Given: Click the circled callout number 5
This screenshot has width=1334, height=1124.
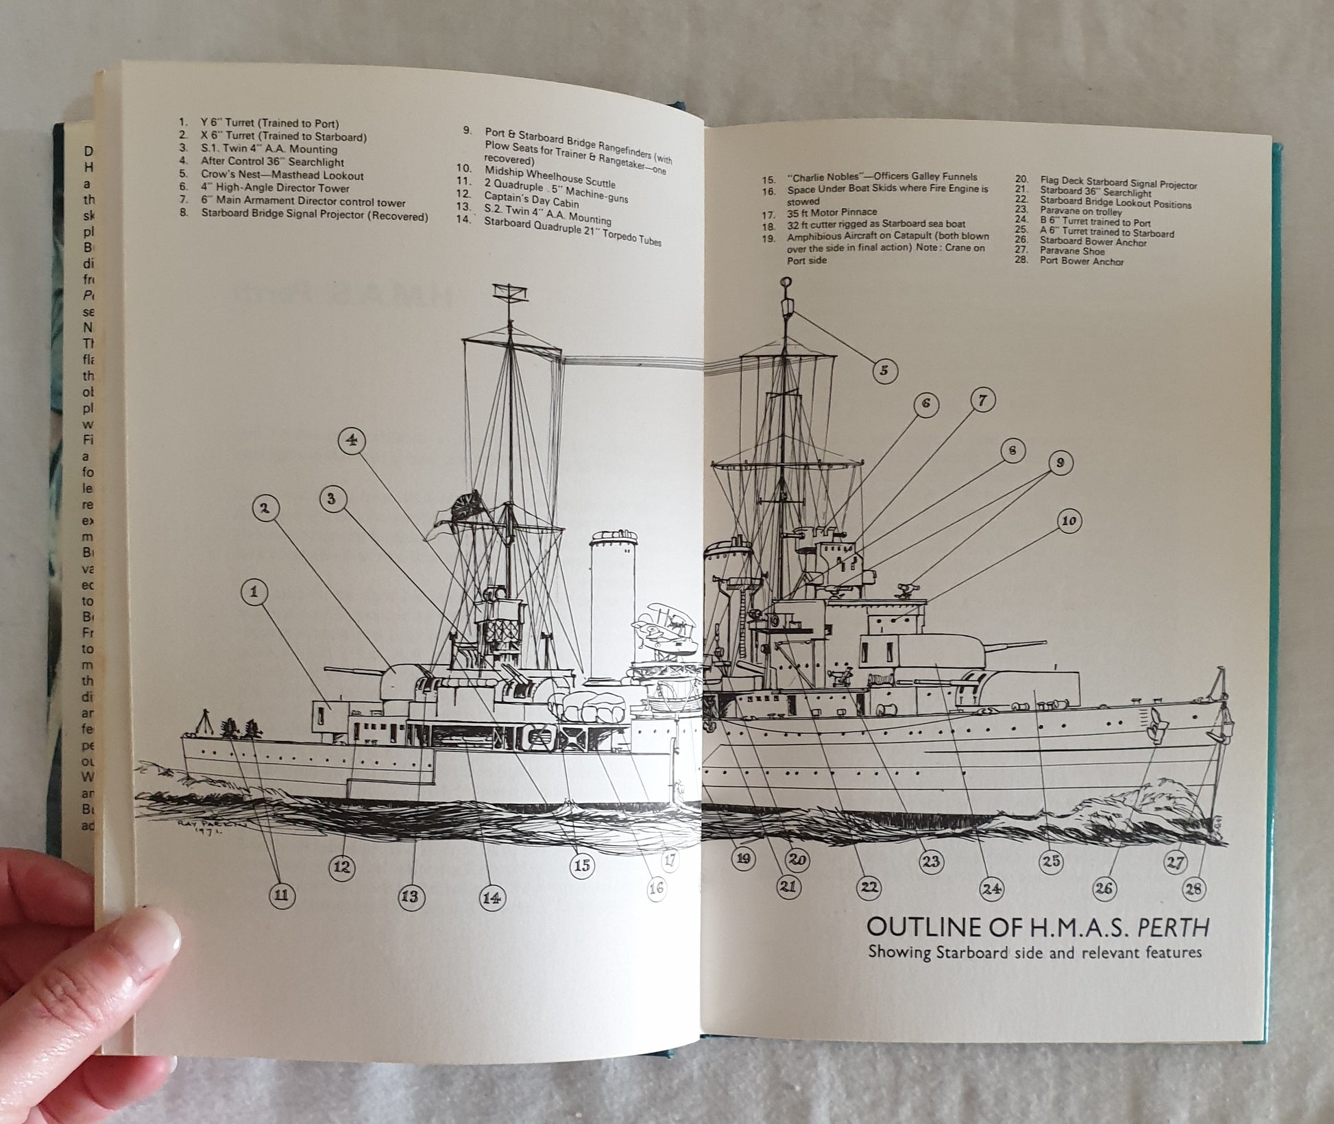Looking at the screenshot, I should click(x=884, y=370).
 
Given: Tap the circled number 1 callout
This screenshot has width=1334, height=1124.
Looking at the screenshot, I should click(x=254, y=592).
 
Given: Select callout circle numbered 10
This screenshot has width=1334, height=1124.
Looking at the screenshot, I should click(x=1069, y=521).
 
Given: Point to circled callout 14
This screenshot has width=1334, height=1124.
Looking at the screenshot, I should click(x=491, y=897).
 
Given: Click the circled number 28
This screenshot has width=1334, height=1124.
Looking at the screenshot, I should click(x=1193, y=889).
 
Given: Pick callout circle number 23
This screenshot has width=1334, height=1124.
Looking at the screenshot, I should click(x=930, y=862).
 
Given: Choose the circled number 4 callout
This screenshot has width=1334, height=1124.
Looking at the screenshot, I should click(x=351, y=440).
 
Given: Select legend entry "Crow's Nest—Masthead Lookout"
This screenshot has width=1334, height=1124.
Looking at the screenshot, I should click(x=282, y=175).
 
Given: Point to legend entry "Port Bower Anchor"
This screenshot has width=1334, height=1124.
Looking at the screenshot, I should click(x=1082, y=261).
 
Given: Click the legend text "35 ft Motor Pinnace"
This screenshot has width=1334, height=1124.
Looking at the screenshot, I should click(x=832, y=212).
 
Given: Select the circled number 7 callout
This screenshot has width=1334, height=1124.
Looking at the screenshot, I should click(x=982, y=400).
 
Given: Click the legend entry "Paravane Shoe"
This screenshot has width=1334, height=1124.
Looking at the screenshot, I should click(x=1072, y=251).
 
